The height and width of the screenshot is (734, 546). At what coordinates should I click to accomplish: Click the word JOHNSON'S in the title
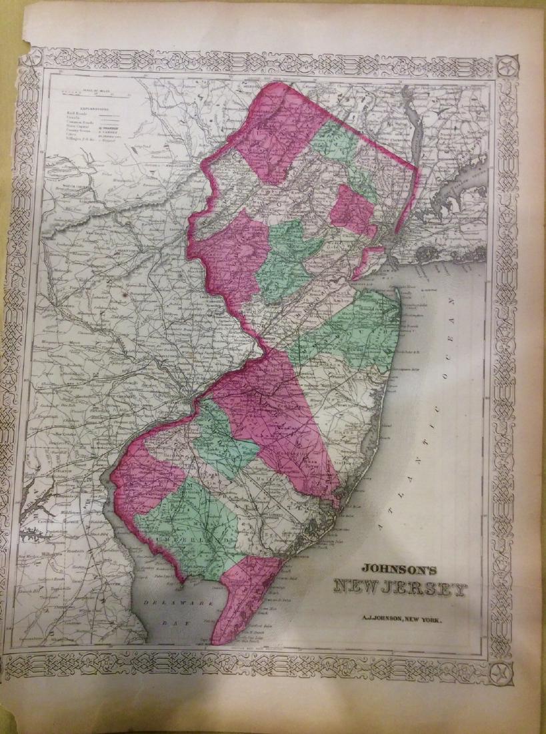click(x=399, y=571)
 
